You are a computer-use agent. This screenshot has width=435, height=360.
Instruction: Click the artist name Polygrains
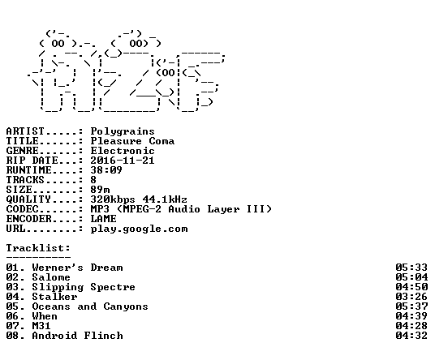pos(123,131)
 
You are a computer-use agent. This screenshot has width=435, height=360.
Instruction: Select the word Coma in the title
pos(162,141)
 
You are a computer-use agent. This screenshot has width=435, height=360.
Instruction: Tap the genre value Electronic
pos(123,151)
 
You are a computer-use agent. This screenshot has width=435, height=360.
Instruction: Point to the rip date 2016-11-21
pos(123,161)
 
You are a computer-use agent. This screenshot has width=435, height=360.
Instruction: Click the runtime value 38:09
pos(106,170)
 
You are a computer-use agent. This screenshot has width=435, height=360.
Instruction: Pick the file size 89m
pos(100,190)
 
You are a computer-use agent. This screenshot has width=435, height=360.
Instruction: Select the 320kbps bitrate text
pos(113,199)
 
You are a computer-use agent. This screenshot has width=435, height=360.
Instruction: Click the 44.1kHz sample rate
pos(165,199)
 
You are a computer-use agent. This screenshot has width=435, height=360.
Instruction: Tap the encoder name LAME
pos(104,219)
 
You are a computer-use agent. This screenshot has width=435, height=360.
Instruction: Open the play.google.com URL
pos(140,229)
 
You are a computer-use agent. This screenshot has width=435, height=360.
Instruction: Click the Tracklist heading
pos(38,248)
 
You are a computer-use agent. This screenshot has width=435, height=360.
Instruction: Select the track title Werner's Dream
pos(77,268)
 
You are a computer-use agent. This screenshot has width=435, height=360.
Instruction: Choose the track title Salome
pos(51,277)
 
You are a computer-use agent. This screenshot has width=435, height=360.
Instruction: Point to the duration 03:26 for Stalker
pos(411,297)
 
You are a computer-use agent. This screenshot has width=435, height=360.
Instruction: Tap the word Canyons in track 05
pos(126,306)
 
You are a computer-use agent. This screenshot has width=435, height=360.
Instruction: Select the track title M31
pos(41,326)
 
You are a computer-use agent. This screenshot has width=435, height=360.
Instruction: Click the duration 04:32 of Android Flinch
pos(411,336)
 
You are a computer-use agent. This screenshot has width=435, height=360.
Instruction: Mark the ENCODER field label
pos(29,219)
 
